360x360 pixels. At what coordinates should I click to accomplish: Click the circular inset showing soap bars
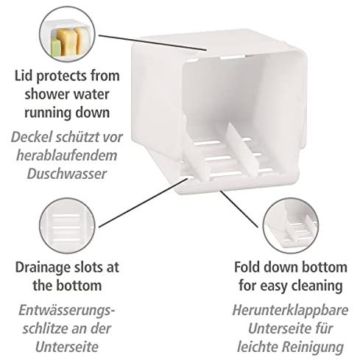pyautogui.click(x=67, y=34)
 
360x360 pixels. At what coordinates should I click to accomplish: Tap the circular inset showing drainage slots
pyautogui.click(x=67, y=225)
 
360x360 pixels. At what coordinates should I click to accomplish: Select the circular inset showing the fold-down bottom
pyautogui.click(x=290, y=225)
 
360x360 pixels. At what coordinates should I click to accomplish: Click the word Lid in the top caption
pyautogui.click(x=24, y=76)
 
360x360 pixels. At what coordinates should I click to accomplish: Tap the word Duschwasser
pyautogui.click(x=67, y=174)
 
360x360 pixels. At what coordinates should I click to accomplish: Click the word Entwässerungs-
pyautogui.click(x=67, y=310)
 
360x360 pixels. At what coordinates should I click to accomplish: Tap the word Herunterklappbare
pyautogui.click(x=290, y=310)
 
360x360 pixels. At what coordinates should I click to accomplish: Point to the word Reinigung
pyautogui.click(x=312, y=347)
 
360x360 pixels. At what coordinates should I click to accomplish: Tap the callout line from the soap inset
pyautogui.click(x=152, y=43)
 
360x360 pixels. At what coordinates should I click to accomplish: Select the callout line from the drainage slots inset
pyautogui.click(x=144, y=202)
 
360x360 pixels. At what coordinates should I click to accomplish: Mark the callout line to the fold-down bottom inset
pyautogui.click(x=239, y=209)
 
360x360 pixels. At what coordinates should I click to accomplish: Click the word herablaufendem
pyautogui.click(x=67, y=155)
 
